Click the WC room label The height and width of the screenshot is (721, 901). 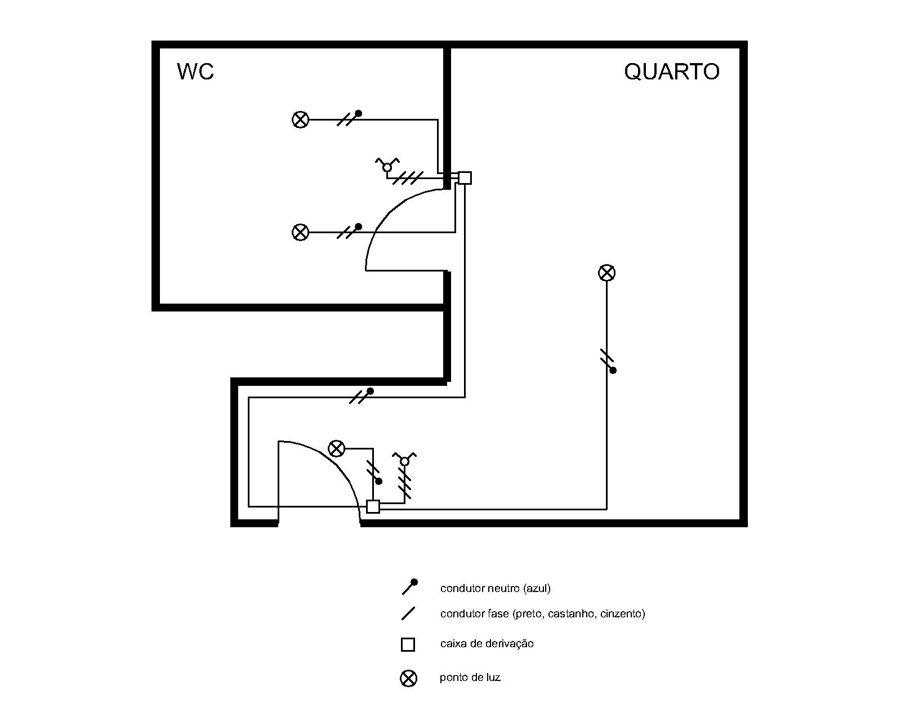coord(195,72)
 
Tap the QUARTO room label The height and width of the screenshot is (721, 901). coord(671,72)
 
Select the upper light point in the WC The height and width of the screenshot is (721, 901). coord(301,119)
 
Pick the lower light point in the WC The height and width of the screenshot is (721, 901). coord(301,232)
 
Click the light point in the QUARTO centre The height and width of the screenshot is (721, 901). coord(606,273)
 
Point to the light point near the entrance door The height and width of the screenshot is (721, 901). coord(336,449)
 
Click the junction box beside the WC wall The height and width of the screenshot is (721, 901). coord(465,178)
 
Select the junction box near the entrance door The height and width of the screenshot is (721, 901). coord(373,506)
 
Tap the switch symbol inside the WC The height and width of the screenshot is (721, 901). coord(387,166)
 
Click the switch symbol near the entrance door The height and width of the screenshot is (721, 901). coord(404,460)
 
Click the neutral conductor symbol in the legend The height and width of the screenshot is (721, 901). coord(409,587)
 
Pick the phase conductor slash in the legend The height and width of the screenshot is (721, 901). coord(408,613)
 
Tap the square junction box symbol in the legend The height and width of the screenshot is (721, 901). coord(408,644)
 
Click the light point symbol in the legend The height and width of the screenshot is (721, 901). coord(408,678)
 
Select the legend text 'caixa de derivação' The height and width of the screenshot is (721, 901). coord(487,644)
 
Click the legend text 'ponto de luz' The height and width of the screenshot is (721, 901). coord(470,678)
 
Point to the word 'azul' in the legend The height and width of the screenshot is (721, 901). coord(537,589)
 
